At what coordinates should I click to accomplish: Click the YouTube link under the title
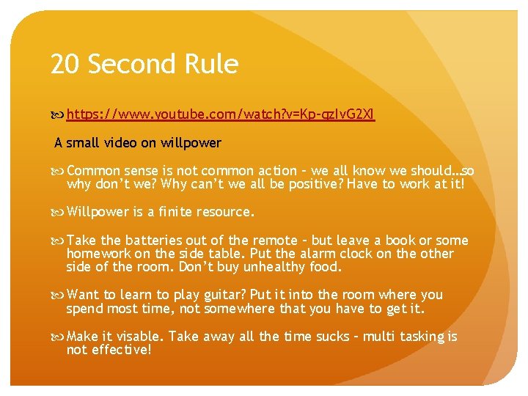221,114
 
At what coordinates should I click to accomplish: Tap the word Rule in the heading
213,65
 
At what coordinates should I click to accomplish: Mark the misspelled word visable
139,337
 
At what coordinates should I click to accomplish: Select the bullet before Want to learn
58,295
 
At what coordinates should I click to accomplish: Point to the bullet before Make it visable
58,337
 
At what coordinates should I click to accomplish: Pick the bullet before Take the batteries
58,241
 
